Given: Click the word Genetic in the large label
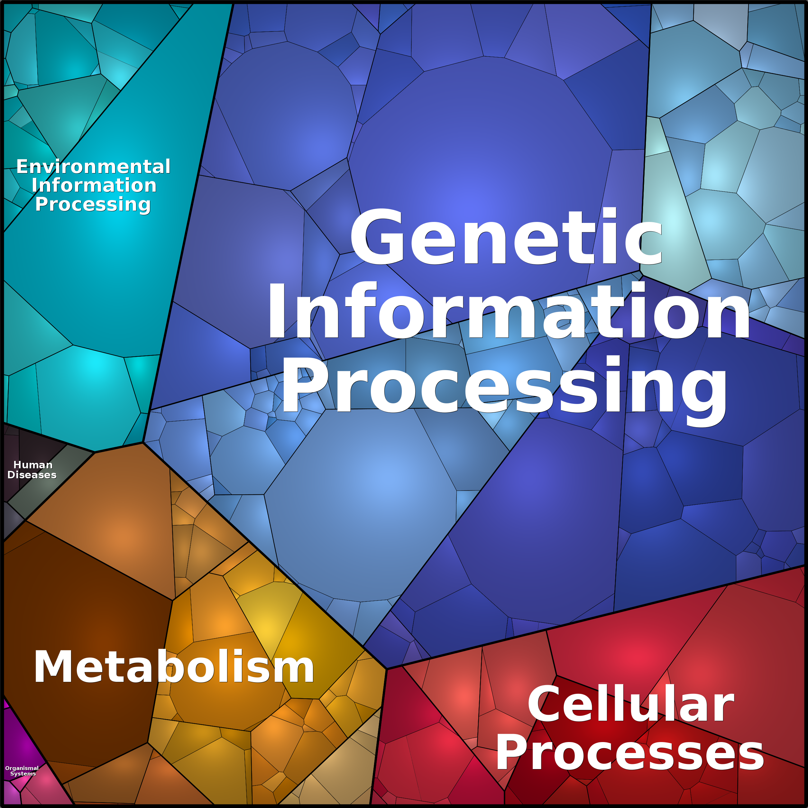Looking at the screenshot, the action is [507, 237].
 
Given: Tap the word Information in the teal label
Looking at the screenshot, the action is [94, 185].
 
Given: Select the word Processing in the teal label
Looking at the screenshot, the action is [93, 205].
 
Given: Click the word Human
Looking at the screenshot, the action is [33, 465].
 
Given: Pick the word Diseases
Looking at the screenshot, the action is [32, 475].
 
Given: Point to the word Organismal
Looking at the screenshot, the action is [22, 768].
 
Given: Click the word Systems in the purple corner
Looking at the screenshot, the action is [23, 774].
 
